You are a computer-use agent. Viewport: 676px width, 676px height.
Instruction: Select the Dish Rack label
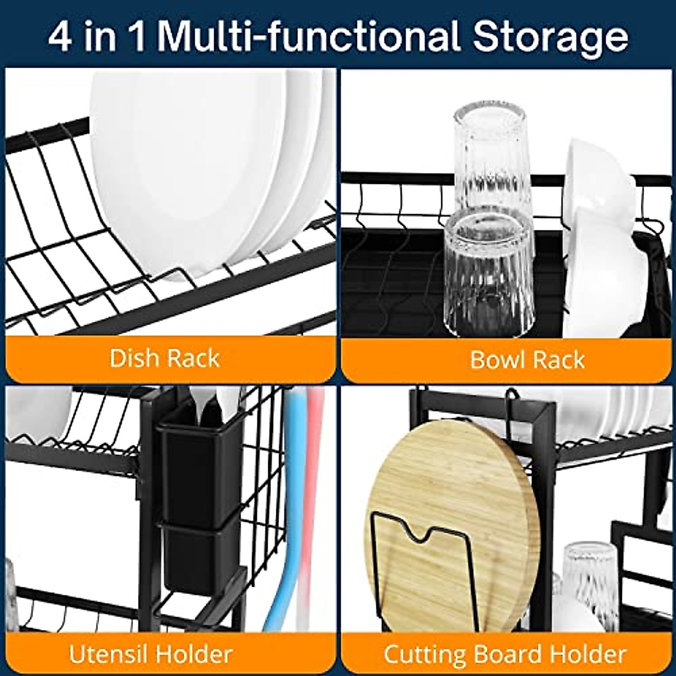click(x=164, y=358)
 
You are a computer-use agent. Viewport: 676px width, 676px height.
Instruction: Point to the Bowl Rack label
click(x=527, y=359)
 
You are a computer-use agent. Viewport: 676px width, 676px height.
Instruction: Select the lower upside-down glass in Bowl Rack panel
click(x=489, y=273)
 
